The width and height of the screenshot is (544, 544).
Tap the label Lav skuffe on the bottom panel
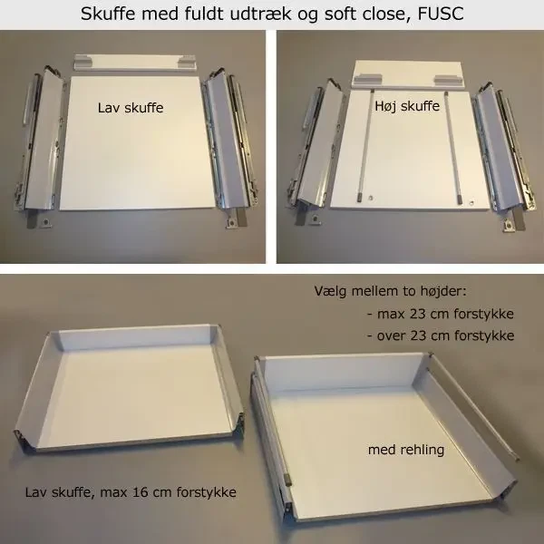(131, 108)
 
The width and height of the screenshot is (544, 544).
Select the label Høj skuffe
(407, 106)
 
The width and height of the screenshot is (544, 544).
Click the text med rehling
(406, 450)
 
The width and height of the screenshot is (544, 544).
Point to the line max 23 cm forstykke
(441, 314)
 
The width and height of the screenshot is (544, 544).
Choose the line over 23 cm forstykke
(441, 335)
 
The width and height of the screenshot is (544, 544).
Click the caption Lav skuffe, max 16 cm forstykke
(131, 492)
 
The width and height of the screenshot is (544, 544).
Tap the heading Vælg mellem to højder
(390, 291)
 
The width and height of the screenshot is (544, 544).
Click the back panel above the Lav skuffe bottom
(134, 63)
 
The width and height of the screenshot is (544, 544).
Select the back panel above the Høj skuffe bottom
(408, 75)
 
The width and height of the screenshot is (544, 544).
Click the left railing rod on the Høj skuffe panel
(365, 146)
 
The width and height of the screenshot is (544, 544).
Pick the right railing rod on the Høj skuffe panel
(452, 148)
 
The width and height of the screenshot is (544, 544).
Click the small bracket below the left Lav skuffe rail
(45, 222)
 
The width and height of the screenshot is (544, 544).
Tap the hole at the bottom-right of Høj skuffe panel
(471, 202)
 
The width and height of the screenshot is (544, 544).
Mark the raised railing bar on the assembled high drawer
(475, 406)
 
